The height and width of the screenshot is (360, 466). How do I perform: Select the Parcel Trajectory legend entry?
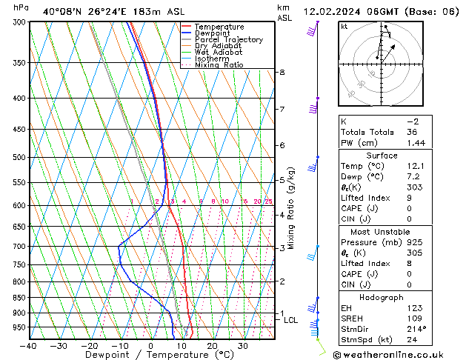pos(228,40)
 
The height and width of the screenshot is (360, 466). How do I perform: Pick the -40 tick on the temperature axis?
pos(29,345)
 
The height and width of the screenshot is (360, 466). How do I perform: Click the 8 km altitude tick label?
pos(282,72)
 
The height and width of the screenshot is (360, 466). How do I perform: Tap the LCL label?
pos(290,320)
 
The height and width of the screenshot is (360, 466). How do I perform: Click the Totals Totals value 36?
pos(413,131)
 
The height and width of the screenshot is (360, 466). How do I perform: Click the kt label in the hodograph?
pos(344,27)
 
